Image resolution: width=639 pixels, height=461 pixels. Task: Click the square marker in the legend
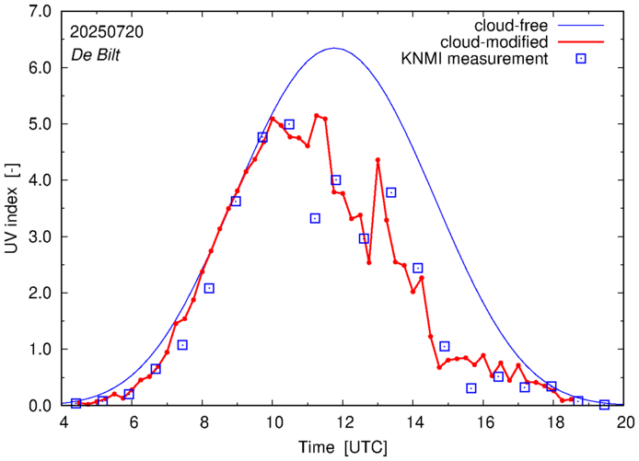point(581,60)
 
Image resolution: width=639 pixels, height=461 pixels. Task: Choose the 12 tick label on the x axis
point(344,423)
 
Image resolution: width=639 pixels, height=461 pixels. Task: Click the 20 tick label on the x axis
point(625,423)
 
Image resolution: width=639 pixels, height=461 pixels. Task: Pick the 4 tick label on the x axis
point(64,423)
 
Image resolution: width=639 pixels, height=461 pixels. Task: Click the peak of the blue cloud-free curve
point(335,48)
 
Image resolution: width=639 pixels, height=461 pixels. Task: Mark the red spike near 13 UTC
point(378,160)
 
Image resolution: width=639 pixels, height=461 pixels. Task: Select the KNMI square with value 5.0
point(289,124)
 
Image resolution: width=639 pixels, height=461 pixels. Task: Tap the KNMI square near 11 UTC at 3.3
point(315,218)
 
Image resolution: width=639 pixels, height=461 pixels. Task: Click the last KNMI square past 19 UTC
point(605,405)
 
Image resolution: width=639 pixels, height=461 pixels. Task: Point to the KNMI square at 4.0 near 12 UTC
point(336,180)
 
